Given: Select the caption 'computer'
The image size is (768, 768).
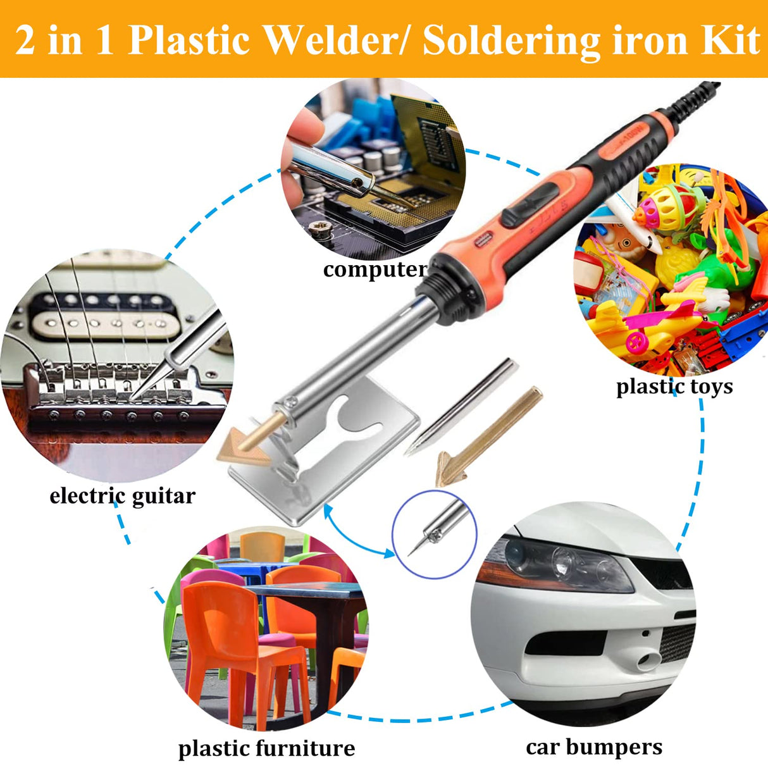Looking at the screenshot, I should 375,269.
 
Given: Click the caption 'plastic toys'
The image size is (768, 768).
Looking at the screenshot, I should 674,387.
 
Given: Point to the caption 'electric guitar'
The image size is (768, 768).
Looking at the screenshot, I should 122,495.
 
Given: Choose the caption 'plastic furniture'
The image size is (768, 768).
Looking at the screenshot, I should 266,748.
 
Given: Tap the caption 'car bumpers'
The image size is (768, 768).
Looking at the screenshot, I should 594,747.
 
